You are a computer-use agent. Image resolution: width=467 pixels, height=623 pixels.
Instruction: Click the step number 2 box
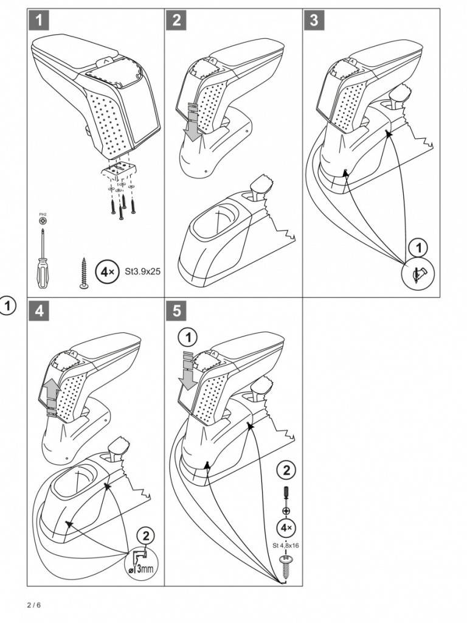176,20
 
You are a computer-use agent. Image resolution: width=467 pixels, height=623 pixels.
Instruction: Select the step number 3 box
313,20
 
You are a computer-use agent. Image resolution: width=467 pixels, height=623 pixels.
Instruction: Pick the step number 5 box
176,310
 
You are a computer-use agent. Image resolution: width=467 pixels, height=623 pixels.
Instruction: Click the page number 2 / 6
35,605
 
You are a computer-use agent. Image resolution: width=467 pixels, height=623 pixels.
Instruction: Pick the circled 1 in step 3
417,248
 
